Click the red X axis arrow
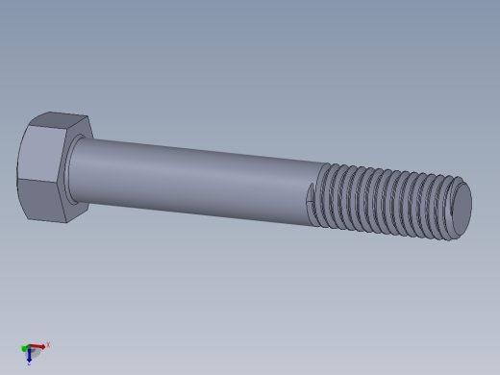coord(37,346)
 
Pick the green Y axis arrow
coord(24,348)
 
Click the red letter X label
coord(48,344)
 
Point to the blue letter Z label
coord(29,363)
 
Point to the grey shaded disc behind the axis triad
coord(36,353)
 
